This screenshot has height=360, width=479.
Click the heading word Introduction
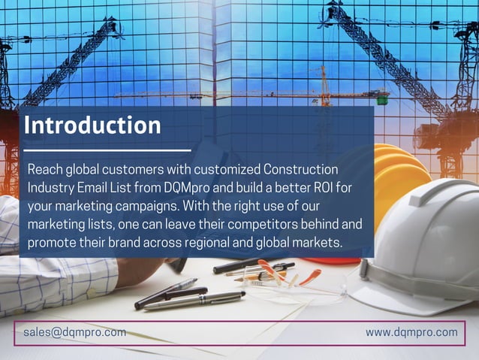[x=92, y=125]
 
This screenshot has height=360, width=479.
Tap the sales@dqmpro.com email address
[x=74, y=332]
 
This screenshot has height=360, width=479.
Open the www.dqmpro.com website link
[x=411, y=332]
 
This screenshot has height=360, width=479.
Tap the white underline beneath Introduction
[x=105, y=150]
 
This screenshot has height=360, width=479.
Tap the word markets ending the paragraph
[x=315, y=243]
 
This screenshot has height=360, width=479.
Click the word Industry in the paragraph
[x=51, y=186]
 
